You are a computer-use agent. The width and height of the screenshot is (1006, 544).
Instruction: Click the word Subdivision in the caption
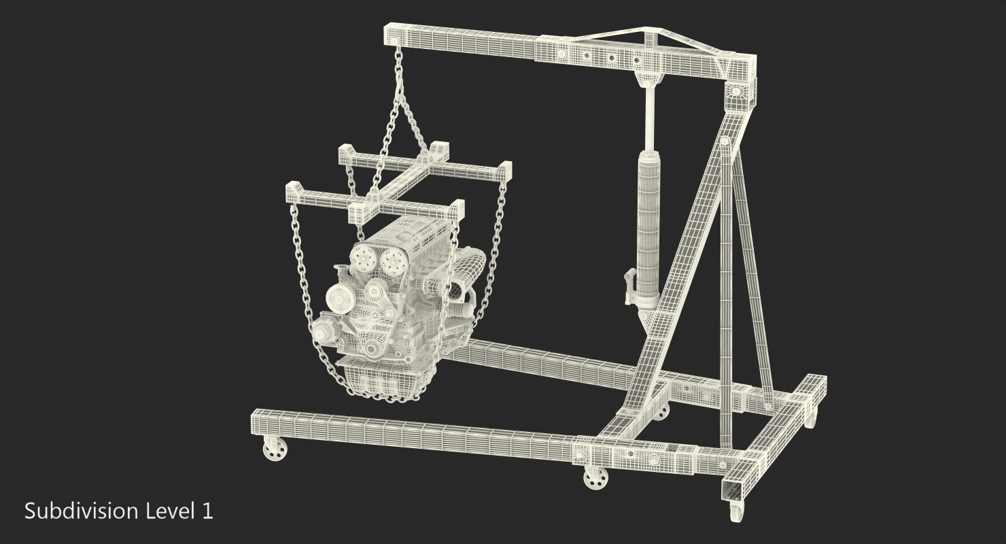point(81,511)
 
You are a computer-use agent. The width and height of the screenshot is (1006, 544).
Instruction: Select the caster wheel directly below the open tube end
point(737,511)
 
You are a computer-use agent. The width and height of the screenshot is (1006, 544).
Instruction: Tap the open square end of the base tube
point(733,487)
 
